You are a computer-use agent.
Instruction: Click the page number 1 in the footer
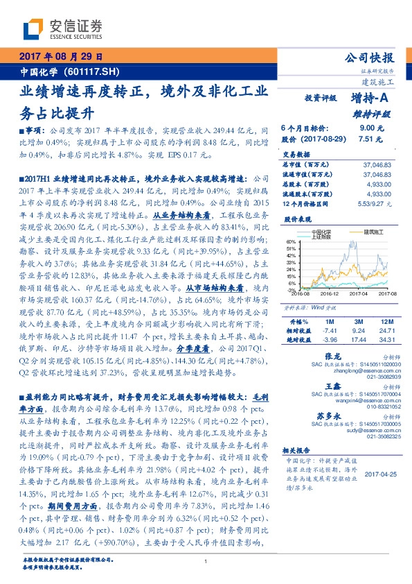coord(206,561)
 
